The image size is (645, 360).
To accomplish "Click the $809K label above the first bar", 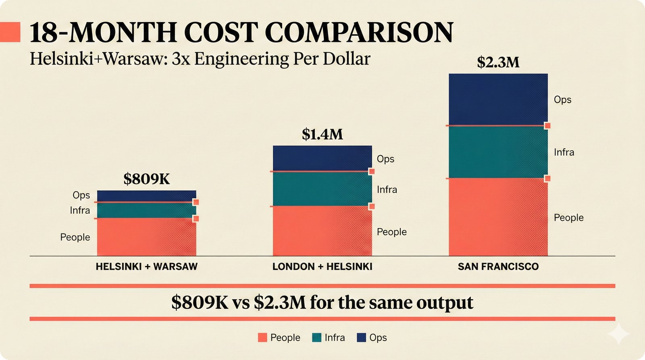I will tap(146, 179).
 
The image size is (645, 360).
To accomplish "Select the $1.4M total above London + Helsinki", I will tap(322, 134).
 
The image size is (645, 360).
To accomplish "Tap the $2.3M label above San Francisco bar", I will tap(498, 62).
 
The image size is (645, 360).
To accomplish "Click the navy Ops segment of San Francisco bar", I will tap(498, 99).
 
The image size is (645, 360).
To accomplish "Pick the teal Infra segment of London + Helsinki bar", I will tap(322, 189).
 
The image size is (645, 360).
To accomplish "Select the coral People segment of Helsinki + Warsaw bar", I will tap(146, 237).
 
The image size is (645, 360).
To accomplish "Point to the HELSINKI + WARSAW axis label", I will tap(146, 266).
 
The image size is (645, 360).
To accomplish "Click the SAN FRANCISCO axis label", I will tap(498, 266).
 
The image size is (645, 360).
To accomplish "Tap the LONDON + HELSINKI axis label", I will tap(322, 266).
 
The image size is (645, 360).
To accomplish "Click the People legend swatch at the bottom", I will tap(262, 337).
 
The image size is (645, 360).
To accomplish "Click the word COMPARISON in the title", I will tap(359, 32).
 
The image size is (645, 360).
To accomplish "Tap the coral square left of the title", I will tap(10, 32).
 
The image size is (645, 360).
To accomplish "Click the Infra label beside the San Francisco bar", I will tap(564, 152).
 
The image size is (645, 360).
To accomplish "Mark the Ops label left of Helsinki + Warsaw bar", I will tap(81, 195).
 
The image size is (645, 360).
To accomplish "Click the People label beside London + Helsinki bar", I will tap(391, 232).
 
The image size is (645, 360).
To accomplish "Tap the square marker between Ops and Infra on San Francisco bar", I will tap(547, 126).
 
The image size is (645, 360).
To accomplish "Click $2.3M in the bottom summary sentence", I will tap(280, 302).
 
